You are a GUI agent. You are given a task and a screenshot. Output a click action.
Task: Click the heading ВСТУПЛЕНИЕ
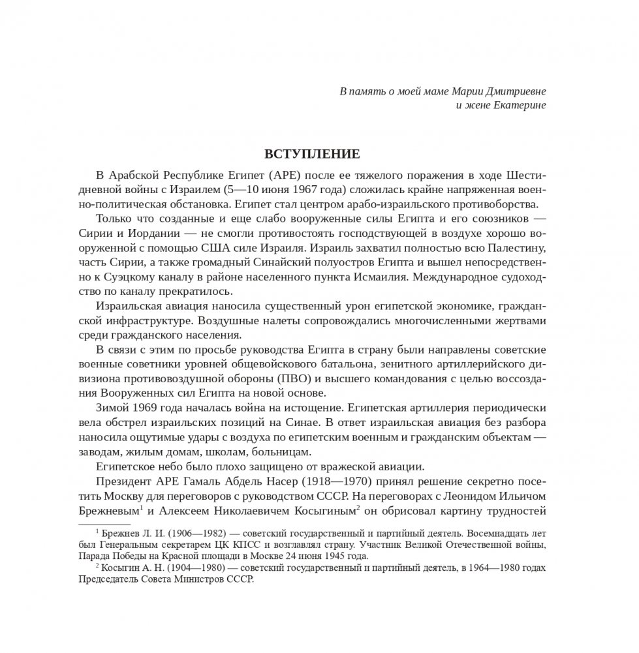[x=311, y=155]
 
